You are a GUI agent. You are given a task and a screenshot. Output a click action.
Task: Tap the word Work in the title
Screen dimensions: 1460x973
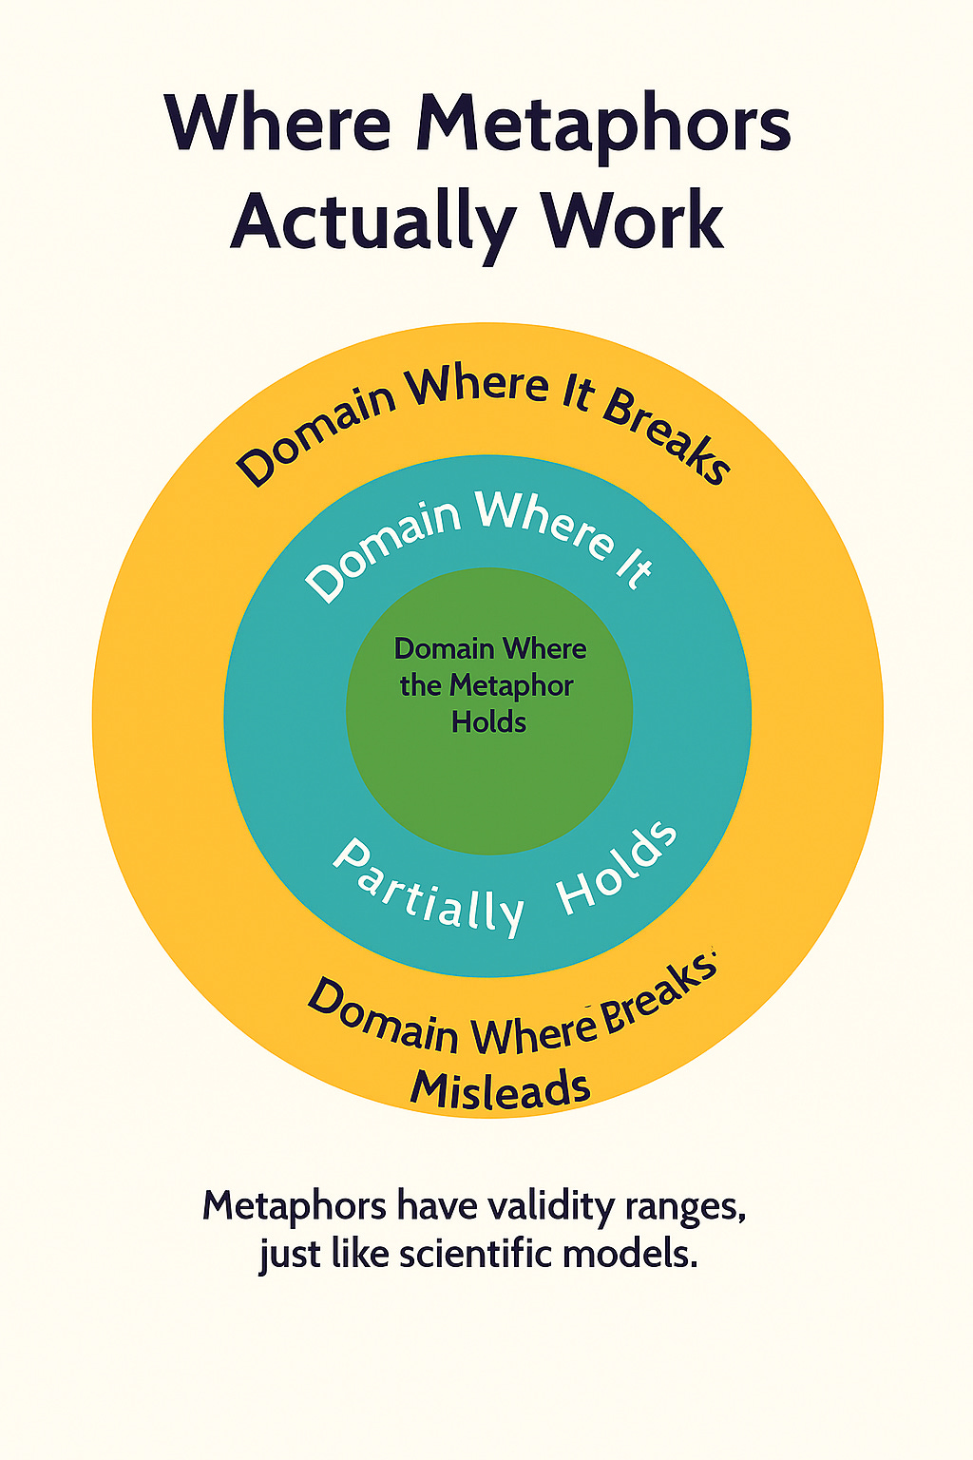(x=633, y=221)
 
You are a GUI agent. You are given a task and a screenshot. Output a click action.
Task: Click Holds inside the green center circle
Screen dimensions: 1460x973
(x=488, y=722)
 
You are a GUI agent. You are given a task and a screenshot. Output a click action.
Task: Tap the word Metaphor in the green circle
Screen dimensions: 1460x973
(x=511, y=685)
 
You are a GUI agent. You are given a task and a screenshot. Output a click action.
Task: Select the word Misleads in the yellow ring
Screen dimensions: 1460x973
(x=500, y=1089)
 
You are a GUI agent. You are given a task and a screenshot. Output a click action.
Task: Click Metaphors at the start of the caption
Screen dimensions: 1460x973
(x=295, y=1206)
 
